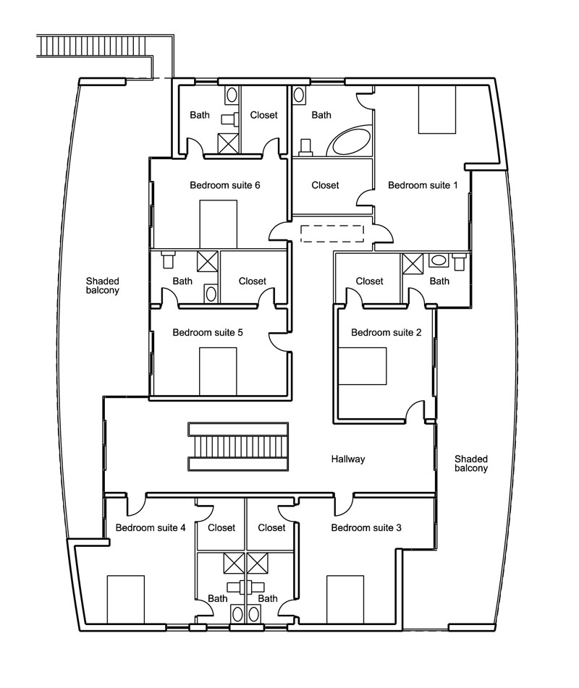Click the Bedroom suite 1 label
(423, 185)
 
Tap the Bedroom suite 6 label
(224, 185)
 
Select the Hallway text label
(348, 459)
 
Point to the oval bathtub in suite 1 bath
(350, 142)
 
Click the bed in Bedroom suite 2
(363, 366)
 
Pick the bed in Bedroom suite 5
(218, 371)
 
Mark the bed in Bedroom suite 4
(125, 599)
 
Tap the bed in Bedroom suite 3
(345, 599)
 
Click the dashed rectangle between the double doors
(331, 233)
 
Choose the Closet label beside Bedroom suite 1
(325, 185)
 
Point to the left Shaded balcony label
(102, 285)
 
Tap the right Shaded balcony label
(471, 463)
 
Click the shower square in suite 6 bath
(229, 143)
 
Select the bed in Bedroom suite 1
(438, 109)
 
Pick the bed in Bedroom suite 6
(218, 224)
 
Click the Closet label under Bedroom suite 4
(221, 527)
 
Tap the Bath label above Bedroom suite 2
(439, 281)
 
